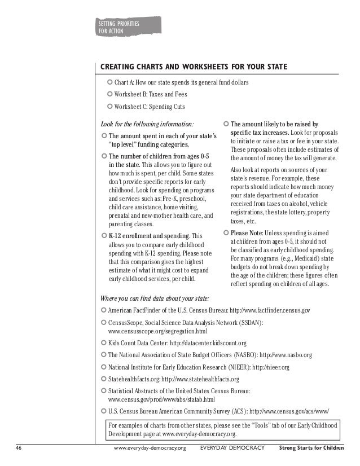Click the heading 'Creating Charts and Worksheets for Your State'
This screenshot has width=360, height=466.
tap(194, 68)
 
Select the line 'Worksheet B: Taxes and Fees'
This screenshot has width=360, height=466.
tap(150, 95)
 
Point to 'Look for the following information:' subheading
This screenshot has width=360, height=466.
tap(146, 124)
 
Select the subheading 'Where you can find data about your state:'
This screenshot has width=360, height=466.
tap(154, 298)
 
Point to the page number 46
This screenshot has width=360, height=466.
tap(19, 449)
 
